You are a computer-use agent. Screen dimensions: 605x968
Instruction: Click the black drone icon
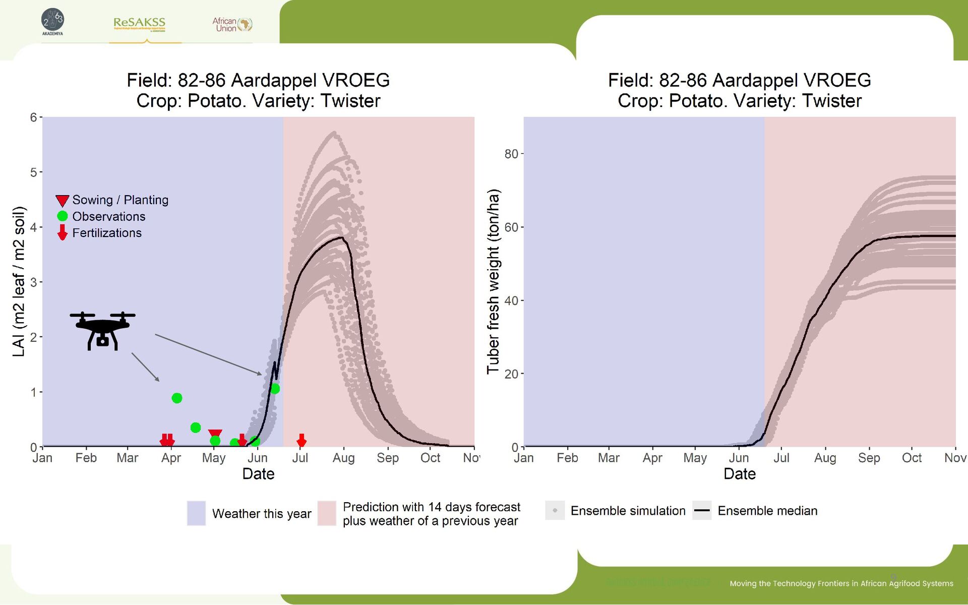(102, 330)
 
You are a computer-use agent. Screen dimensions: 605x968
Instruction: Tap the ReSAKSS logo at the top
(139, 23)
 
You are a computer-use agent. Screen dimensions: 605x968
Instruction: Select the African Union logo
(232, 24)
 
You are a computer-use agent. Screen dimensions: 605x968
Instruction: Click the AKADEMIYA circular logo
(52, 21)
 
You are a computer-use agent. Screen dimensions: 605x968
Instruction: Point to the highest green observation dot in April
(177, 398)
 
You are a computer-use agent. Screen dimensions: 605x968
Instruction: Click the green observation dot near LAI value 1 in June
(275, 389)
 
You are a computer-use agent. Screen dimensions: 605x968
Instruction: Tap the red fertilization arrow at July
(301, 441)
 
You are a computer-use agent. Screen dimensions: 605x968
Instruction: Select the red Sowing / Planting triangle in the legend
(62, 201)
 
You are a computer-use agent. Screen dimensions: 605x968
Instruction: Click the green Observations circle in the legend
(63, 216)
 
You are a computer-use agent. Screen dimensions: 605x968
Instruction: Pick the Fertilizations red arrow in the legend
(62, 232)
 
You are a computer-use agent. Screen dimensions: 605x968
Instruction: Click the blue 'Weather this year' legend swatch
(196, 513)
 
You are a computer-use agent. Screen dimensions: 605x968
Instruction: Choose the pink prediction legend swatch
(327, 513)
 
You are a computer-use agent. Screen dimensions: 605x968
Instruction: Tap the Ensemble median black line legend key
(702, 511)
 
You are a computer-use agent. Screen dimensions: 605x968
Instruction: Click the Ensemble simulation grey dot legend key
(555, 511)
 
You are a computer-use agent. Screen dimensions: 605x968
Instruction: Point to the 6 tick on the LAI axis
(33, 117)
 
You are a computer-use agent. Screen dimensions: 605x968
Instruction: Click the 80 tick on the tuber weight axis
(511, 154)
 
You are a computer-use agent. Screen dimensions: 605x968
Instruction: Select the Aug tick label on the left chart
(343, 458)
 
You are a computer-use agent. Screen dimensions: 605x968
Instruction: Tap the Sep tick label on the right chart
(869, 458)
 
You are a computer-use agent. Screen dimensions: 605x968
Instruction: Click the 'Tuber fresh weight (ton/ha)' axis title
(493, 281)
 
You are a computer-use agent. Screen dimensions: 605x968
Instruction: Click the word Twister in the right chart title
(832, 101)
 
